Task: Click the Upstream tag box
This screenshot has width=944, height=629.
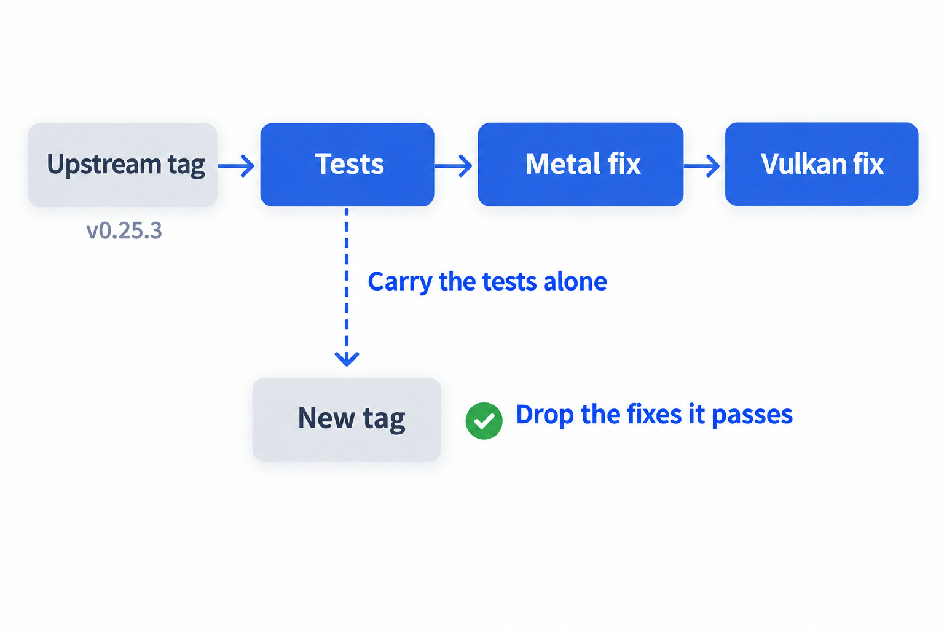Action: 123,165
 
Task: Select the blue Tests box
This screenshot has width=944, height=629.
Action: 347,165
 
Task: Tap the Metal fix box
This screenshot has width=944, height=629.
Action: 580,164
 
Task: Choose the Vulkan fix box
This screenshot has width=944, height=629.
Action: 822,164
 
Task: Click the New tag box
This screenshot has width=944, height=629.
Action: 347,420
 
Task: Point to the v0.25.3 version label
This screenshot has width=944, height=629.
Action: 124,231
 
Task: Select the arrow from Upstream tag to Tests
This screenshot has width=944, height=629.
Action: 236,166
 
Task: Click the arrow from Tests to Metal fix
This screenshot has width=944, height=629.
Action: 454,166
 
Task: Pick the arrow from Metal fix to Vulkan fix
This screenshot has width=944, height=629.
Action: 702,166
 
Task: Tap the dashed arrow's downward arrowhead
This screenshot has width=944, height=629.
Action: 347,359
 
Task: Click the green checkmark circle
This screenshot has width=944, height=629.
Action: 484,421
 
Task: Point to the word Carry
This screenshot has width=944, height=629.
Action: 400,282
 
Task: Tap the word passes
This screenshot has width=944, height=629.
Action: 752,415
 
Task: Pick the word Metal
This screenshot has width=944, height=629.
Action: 557,163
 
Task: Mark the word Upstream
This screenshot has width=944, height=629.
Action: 104,165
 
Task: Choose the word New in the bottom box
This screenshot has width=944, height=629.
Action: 326,418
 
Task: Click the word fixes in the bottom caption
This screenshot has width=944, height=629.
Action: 655,414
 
